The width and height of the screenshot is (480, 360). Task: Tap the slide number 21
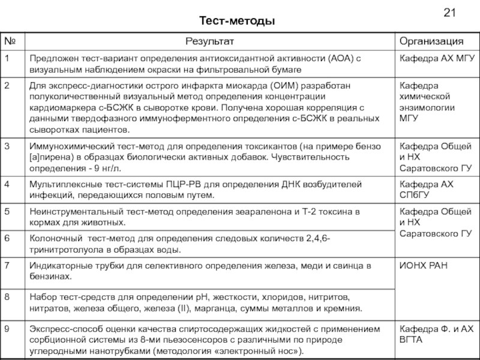click(449, 13)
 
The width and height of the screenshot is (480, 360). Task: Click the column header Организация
click(432, 41)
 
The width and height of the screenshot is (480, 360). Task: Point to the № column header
click(10, 41)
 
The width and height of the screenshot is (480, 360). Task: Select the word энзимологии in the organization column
click(427, 107)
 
